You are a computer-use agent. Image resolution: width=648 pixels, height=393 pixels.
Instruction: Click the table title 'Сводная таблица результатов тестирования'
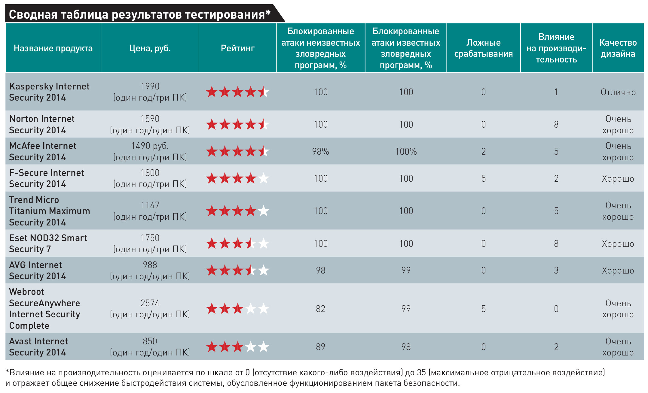[x=140, y=14]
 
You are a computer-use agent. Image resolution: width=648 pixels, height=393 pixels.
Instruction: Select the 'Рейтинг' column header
[x=237, y=48]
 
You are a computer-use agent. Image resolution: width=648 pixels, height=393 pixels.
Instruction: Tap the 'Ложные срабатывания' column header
[x=483, y=48]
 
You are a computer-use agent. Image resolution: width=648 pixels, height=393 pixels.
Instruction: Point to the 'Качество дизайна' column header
[x=618, y=48]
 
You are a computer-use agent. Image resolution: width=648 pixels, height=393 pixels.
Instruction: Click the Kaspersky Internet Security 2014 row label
[x=49, y=92]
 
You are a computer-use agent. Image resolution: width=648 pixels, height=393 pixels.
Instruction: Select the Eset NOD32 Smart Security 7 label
[x=48, y=243]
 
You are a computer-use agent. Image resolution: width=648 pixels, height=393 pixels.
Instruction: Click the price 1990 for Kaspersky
[x=150, y=86]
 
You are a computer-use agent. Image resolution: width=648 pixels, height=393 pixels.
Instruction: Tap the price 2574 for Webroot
[x=150, y=303]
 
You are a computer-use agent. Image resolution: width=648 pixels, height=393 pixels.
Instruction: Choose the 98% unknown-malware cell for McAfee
[x=320, y=151]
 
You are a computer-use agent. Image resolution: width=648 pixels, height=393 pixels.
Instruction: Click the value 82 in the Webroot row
[x=320, y=309]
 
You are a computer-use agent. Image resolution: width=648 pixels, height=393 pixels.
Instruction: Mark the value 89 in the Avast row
[x=320, y=347]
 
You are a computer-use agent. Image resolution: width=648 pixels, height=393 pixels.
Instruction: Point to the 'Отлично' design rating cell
[x=618, y=92]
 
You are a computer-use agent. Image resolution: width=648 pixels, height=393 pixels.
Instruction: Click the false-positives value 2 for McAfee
[x=483, y=151]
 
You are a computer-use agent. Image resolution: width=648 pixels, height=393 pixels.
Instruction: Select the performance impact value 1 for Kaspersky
[x=556, y=92]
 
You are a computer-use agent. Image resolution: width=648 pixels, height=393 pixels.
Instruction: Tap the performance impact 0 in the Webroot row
[x=556, y=309]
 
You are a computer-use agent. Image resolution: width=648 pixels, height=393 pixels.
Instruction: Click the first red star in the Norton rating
[x=212, y=124]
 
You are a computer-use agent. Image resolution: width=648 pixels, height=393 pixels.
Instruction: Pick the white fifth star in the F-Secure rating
[x=264, y=178]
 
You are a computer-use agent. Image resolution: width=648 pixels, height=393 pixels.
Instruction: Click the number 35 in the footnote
[x=421, y=373]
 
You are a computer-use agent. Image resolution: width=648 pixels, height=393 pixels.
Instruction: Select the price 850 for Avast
[x=150, y=341]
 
